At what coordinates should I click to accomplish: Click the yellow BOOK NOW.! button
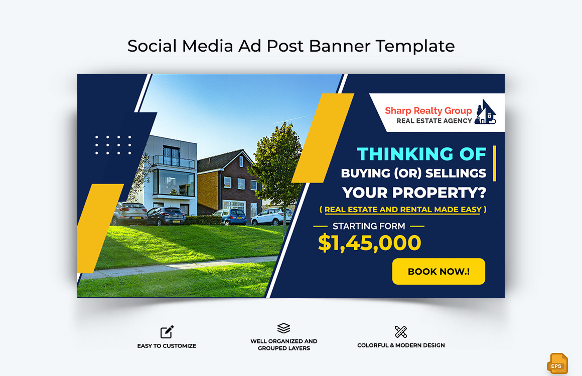pos(439,271)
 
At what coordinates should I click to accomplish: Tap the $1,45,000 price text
pos(369,243)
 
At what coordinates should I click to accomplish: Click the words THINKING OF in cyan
pos(421,154)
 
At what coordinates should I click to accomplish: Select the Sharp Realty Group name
pos(428,110)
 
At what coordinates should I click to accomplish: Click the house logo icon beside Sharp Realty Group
pos(485,112)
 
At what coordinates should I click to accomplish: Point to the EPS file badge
pos(557,363)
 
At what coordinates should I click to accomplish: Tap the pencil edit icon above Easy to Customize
pos(167,332)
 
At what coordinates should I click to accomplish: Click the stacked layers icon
pos(283,328)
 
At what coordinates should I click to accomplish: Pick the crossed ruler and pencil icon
pos(401,331)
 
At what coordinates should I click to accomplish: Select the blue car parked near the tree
pos(231,217)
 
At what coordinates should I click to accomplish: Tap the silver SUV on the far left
pos(129,214)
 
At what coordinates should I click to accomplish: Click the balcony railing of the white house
pos(173,161)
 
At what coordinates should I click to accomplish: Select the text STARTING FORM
pos(369,226)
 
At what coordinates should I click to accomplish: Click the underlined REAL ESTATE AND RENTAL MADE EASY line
pos(403,210)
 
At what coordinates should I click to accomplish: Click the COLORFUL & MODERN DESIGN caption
pos(401,345)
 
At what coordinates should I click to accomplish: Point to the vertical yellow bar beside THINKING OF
pos(494,163)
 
